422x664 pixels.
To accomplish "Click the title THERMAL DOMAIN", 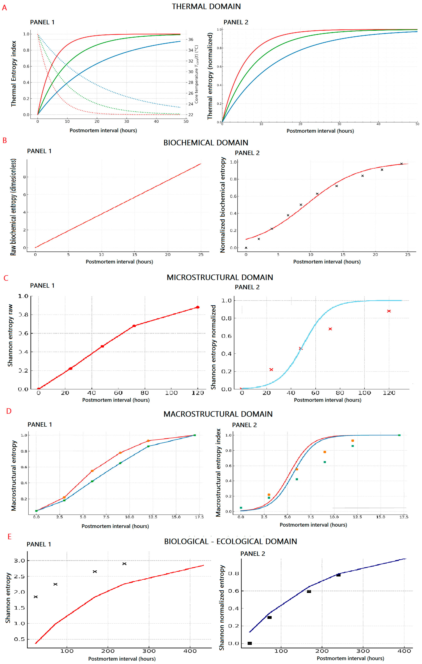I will pos(206,7).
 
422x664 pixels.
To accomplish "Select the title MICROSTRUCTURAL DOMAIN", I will pos(220,277).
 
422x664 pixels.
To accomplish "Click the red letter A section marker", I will pos(4,8).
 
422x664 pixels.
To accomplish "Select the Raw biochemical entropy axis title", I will pos(13,207).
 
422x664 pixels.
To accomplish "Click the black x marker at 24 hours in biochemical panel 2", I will pos(401,164).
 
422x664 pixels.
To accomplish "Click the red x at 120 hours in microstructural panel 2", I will pos(389,311).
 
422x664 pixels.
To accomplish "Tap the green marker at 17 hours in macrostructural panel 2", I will pos(399,435).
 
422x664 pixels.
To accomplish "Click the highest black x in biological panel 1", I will pos(124,564).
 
